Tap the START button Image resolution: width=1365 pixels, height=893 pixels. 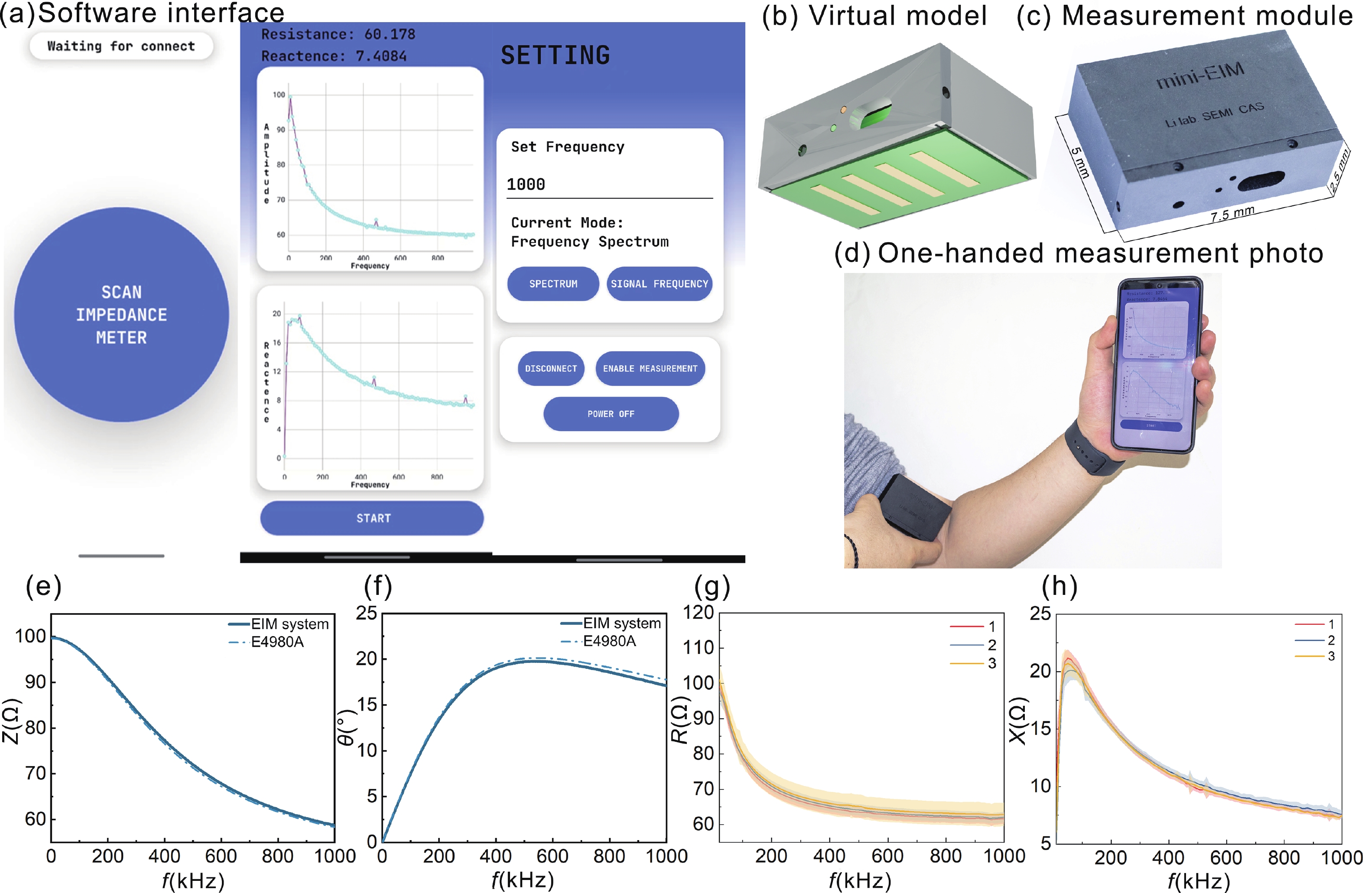pos(372,518)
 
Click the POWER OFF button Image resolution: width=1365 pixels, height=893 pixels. pos(611,413)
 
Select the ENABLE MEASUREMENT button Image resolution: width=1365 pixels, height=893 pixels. pos(650,368)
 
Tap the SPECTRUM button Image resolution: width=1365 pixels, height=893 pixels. pos(553,283)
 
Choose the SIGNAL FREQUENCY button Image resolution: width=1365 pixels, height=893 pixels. pos(659,283)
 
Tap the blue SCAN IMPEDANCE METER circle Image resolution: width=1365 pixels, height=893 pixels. pos(122,314)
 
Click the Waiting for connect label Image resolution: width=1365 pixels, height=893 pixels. pos(121,46)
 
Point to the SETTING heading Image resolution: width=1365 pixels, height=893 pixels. pos(555,55)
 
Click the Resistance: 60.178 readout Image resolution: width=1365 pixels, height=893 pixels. pos(338,34)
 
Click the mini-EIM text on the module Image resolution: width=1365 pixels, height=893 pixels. pos(1200,76)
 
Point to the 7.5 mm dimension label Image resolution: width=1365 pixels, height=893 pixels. pos(1232,213)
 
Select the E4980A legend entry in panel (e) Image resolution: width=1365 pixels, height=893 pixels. pos(277,642)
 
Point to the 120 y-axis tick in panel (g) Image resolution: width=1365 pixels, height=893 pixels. pos(698,613)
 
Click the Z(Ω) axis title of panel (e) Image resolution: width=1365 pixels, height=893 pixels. pos(11,721)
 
